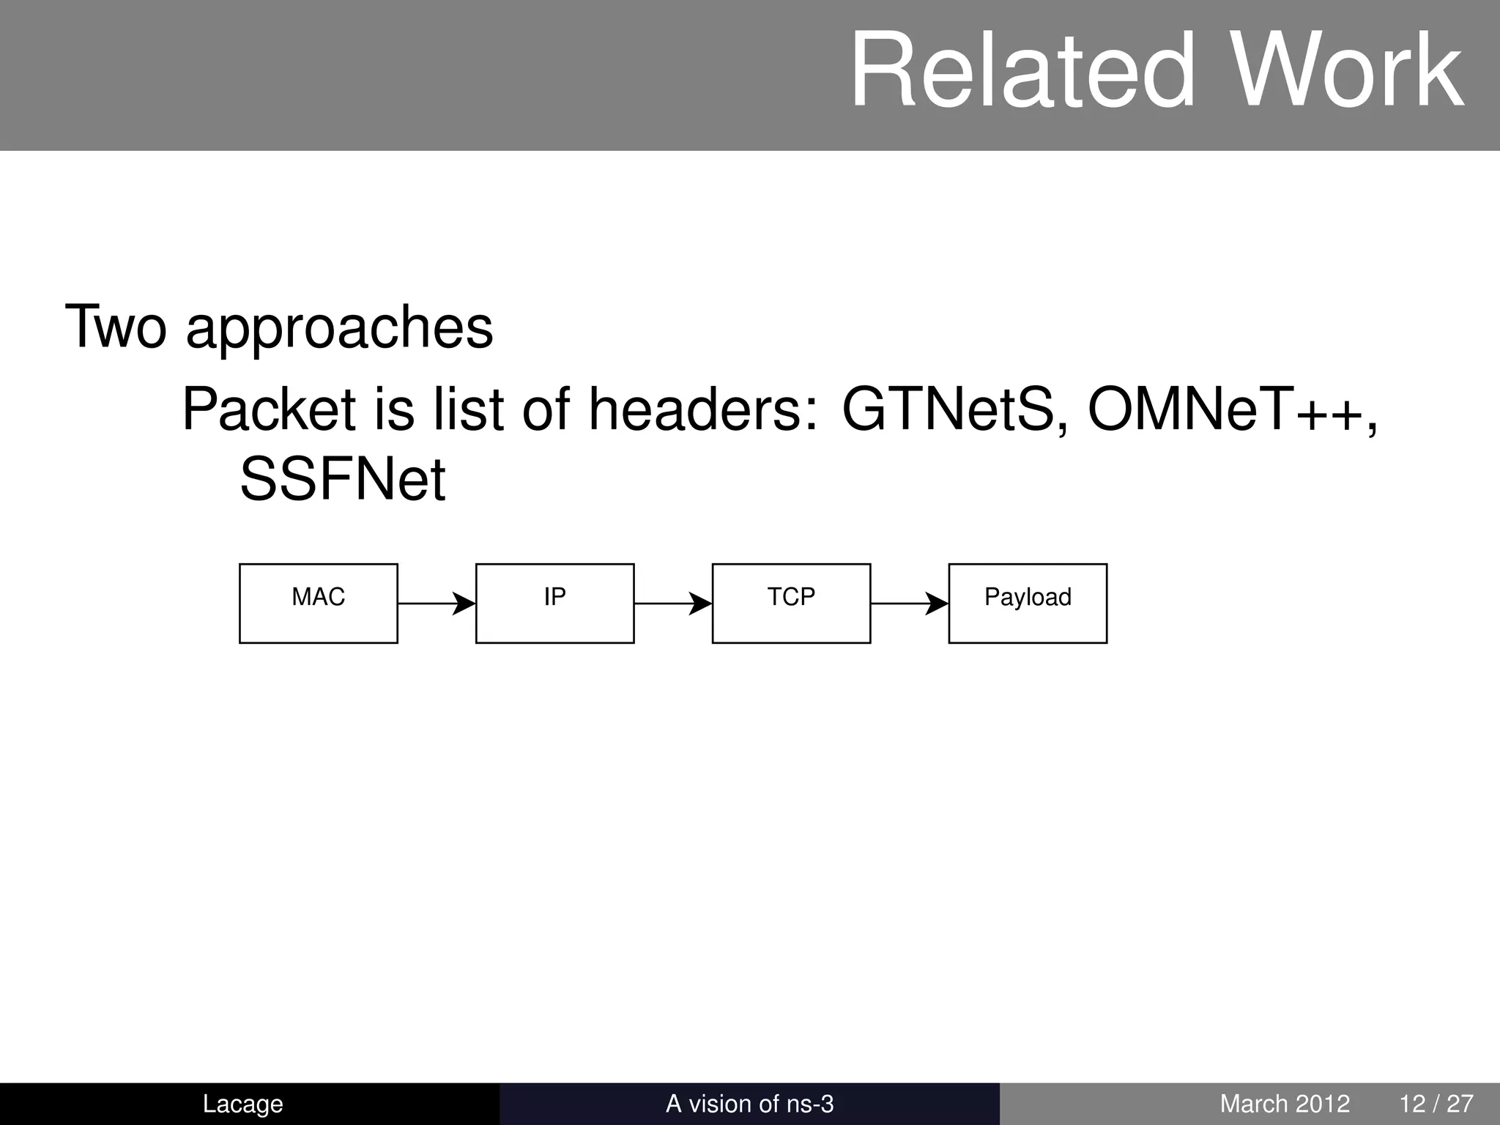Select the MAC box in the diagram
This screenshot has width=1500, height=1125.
(x=318, y=603)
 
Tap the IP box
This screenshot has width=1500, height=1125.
(x=554, y=603)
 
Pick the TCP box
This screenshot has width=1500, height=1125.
(x=791, y=603)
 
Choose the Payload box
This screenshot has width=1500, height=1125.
(x=1028, y=603)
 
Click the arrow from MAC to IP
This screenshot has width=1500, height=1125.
(x=437, y=604)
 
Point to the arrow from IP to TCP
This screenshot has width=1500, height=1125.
(x=673, y=604)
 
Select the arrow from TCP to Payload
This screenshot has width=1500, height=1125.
(x=910, y=604)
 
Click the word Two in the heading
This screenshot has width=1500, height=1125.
(x=116, y=327)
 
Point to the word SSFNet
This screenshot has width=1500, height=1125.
(x=343, y=480)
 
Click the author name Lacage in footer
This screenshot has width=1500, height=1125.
(x=242, y=1104)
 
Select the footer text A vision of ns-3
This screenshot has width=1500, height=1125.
(x=749, y=1104)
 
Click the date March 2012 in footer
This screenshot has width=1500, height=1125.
(x=1285, y=1104)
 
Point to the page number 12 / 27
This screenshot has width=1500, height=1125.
(x=1436, y=1104)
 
